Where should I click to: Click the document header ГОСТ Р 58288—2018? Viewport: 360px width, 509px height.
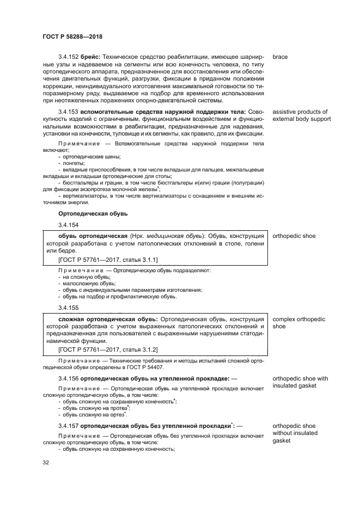point(72,36)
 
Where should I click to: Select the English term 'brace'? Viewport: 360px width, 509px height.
point(280,57)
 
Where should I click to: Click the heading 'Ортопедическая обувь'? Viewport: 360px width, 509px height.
point(93,213)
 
